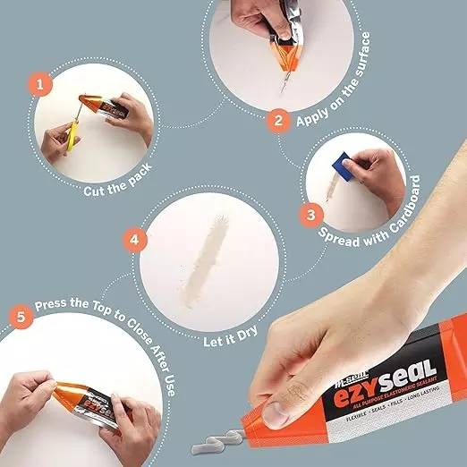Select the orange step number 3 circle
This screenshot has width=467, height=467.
(310, 215)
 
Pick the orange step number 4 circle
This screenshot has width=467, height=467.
(134, 240)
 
